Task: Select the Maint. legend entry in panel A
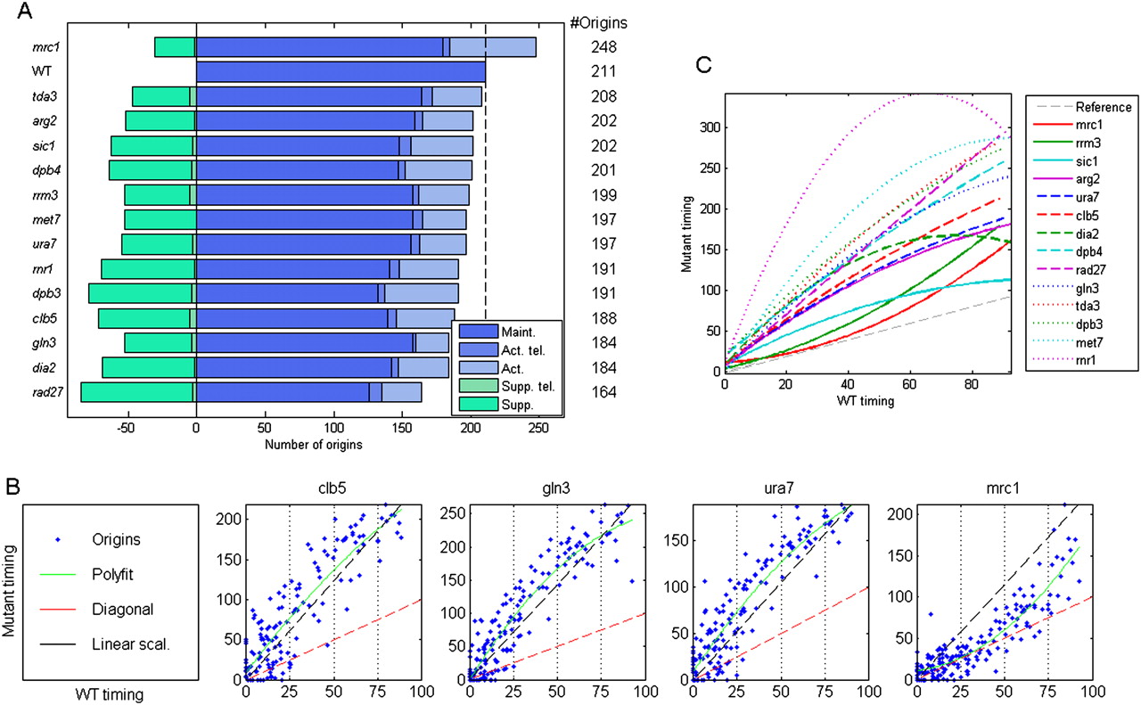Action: [517, 332]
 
